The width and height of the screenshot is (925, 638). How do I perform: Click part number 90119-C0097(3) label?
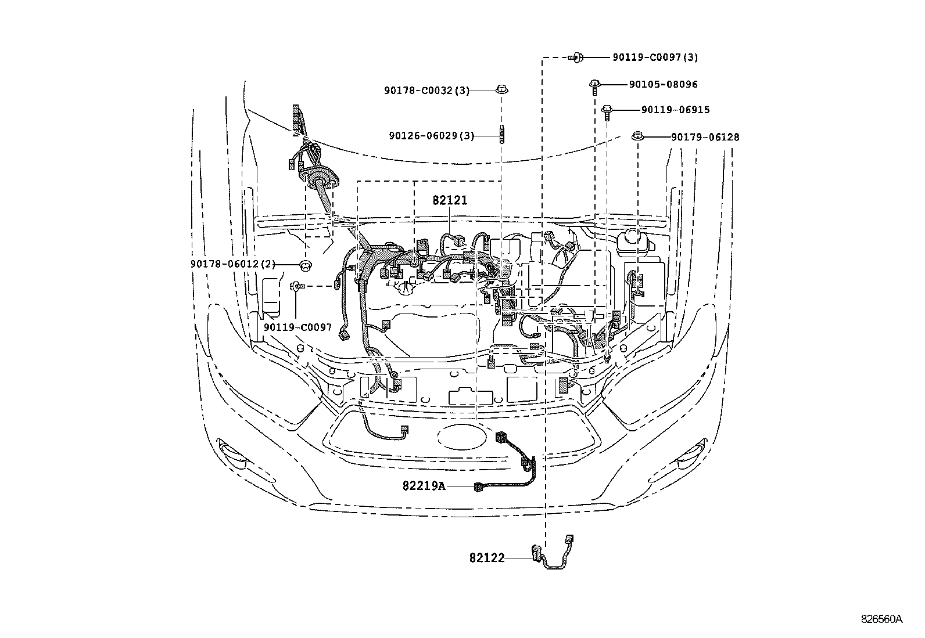coord(655,57)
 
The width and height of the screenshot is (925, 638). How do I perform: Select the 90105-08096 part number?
coord(663,85)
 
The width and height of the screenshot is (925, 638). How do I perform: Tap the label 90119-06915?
coord(675,110)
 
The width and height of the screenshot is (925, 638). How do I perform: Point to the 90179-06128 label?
coord(705,137)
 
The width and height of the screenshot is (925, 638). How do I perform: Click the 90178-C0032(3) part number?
coord(427,91)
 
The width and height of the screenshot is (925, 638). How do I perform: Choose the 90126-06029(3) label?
coord(432,136)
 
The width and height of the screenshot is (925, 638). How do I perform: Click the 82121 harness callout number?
coord(450,200)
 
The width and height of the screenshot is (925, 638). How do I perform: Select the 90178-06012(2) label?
coord(233,264)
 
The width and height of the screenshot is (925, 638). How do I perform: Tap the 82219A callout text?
coord(424,486)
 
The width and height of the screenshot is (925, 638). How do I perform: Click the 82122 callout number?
coord(487,558)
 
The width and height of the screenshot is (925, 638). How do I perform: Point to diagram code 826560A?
coord(881,619)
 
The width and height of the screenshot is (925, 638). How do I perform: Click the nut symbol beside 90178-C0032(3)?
coord(502,89)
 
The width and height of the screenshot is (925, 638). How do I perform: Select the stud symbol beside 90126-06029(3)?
coord(502,134)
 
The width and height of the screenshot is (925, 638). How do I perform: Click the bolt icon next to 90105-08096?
coord(594,87)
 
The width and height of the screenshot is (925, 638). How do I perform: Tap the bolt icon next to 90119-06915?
coord(607,112)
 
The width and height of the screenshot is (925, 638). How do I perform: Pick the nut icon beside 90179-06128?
coord(638,136)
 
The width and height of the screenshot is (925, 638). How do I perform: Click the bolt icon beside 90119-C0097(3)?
coord(576,57)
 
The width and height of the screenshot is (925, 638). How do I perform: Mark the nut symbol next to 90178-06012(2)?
coord(305,265)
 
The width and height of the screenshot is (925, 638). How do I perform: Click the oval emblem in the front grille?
coord(462,438)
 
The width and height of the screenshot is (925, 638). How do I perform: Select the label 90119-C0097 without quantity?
coord(297,327)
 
